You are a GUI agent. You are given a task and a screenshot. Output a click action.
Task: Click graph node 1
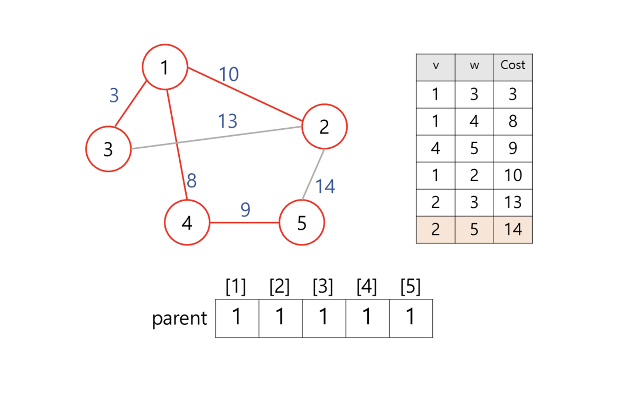coord(164,67)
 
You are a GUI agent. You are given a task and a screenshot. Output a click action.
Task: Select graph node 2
coord(324,126)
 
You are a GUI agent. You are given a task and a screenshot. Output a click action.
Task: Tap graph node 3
coord(108,149)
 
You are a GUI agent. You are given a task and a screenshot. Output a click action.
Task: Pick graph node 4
coord(187,223)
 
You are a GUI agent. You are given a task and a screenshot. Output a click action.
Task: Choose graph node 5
coord(302,223)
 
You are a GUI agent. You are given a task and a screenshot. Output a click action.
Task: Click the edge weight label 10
coord(228,74)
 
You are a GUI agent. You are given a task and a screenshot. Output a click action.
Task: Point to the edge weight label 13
coord(228,121)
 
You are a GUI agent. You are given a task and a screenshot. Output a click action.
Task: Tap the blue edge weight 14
coord(325,187)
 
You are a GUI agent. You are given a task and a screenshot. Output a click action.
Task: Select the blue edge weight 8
coord(192,181)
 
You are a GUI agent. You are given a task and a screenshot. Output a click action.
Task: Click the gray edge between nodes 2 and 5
coord(313,174)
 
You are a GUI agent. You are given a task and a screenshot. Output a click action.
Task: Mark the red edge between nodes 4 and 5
coord(244,223)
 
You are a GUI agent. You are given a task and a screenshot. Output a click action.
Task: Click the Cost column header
coord(513,65)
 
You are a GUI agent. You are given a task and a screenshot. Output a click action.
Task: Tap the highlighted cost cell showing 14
coord(513,230)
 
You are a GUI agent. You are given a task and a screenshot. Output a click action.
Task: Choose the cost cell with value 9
coord(513,149)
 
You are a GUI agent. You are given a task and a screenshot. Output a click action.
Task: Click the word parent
coord(179,319)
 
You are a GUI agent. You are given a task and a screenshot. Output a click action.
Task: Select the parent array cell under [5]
coord(411,318)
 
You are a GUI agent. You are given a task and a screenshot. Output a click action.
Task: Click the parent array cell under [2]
coord(280,318)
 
